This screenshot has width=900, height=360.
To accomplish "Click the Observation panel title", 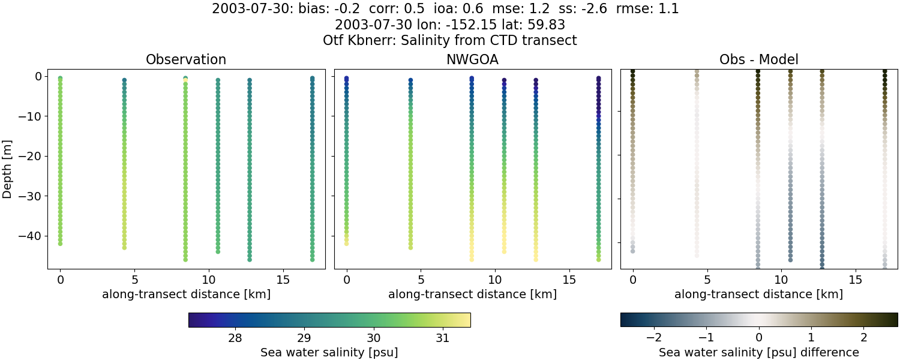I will coord(186,60).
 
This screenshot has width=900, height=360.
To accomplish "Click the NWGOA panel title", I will coord(472,60).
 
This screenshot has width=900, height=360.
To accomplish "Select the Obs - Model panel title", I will coord(758,60).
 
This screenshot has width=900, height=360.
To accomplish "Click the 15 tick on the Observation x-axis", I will coord(283,280).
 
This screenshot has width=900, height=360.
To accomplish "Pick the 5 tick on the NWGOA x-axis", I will coord(421,280).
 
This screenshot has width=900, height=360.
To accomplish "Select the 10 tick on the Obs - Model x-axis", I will coord(781,280).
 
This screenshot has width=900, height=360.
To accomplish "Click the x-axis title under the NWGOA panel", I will coord(472,295).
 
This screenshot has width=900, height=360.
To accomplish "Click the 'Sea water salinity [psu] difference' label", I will coord(759,352).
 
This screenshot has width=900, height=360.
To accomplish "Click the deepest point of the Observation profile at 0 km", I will coord(60,244).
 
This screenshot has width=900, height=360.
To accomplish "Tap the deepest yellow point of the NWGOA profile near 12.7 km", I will coord(536,259).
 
